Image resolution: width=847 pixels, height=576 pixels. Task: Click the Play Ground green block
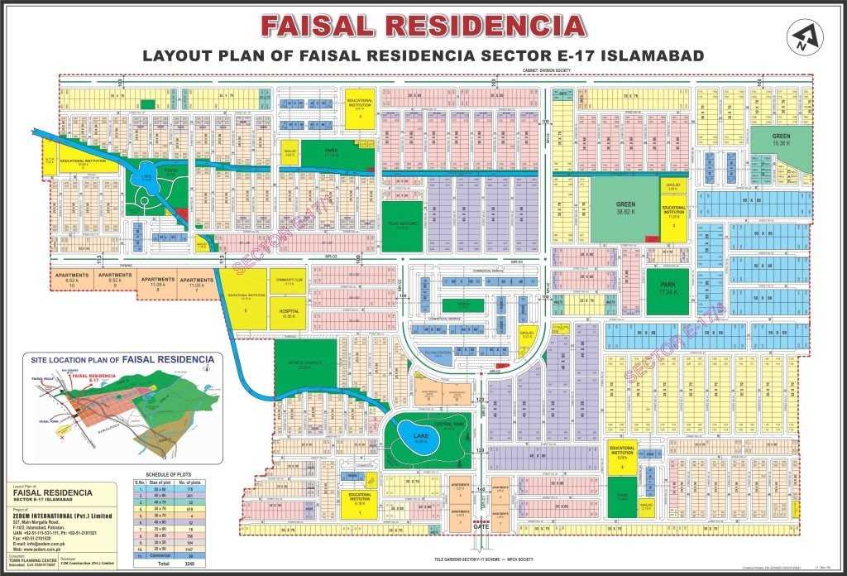pyautogui.click(x=401, y=225)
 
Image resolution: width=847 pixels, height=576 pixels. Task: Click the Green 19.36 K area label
pyautogui.click(x=782, y=139)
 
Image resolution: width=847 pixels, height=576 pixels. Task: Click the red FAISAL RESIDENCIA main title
pyautogui.click(x=423, y=26)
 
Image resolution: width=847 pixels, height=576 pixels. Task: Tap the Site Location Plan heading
pyautogui.click(x=122, y=360)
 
